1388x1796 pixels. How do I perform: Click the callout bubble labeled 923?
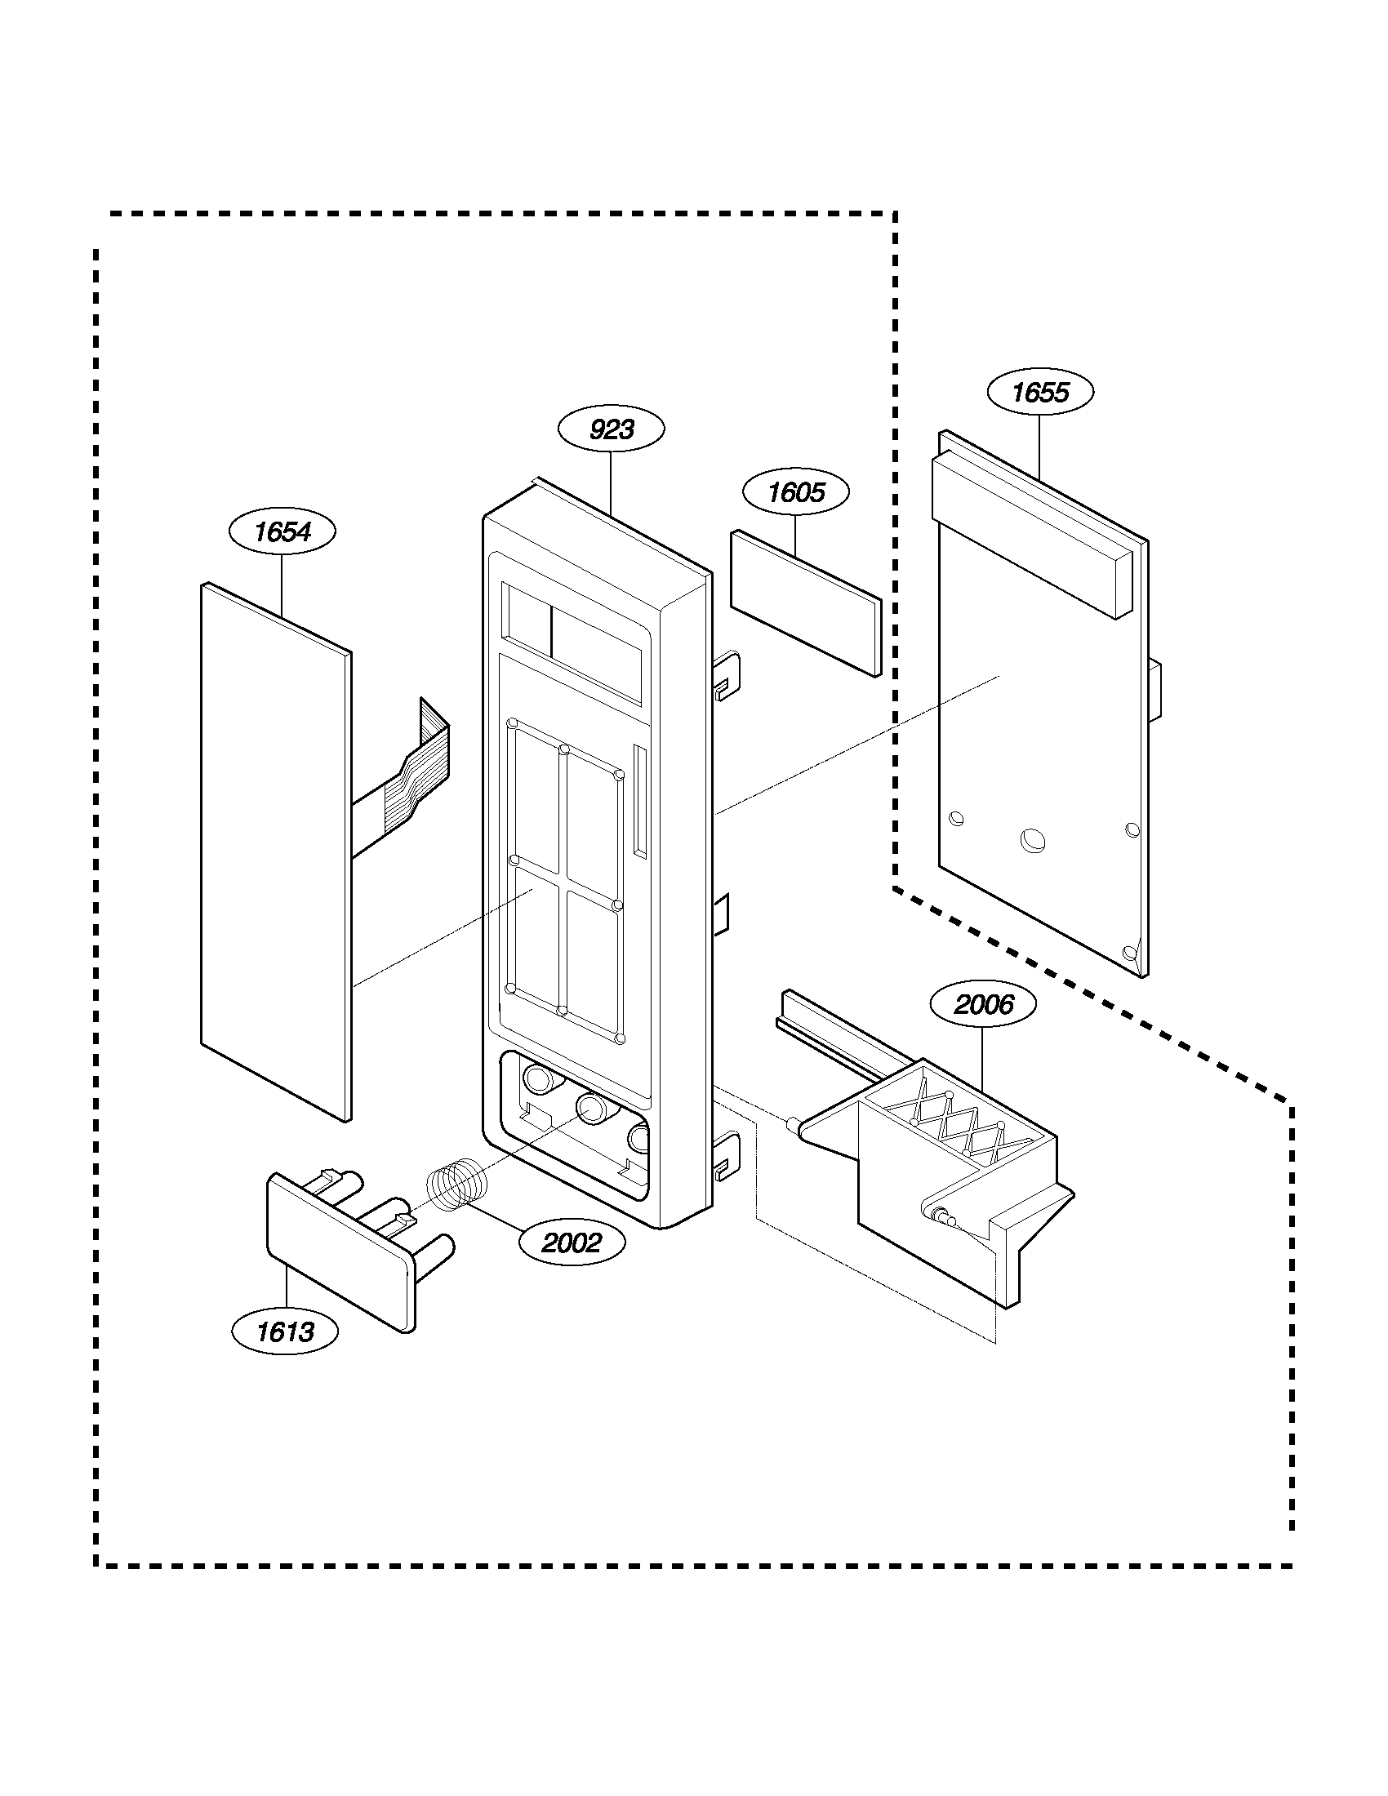point(611,429)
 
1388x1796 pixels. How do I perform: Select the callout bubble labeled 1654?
point(282,532)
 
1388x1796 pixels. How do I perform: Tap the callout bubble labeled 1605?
point(795,492)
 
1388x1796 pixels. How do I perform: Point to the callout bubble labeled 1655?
point(1039,392)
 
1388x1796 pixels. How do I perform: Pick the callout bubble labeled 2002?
point(572,1243)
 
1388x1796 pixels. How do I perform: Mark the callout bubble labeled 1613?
point(285,1331)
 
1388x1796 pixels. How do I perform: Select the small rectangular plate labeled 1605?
point(804,601)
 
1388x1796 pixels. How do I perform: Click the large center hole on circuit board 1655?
point(1032,840)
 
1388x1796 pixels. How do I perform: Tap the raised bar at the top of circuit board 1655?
point(1033,531)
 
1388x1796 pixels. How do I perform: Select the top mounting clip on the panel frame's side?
point(727,676)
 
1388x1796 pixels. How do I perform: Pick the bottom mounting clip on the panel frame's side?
point(727,1154)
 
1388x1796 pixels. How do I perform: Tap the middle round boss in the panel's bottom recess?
point(590,1109)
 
